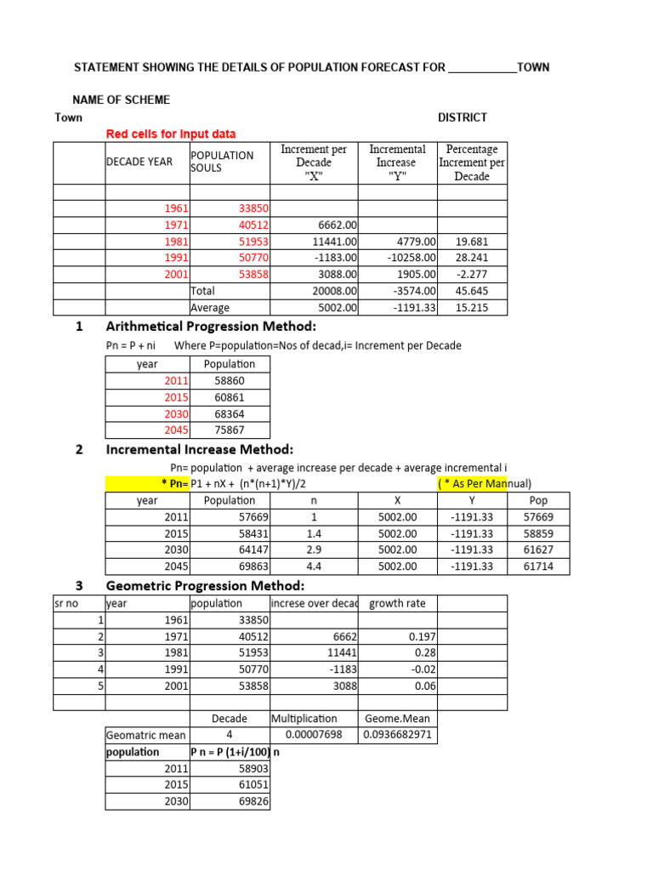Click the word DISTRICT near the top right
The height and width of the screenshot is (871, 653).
pos(462,117)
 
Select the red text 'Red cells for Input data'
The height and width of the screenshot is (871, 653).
pos(171,134)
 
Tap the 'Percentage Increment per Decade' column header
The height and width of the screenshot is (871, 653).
pos(472,162)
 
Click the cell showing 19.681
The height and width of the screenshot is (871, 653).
pos(472,242)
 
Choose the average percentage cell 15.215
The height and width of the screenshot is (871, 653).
pos(472,308)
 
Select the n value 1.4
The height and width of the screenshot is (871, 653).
pos(314,533)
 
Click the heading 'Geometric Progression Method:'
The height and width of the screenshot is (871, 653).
pos(205,585)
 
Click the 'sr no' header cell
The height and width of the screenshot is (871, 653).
pos(65,603)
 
